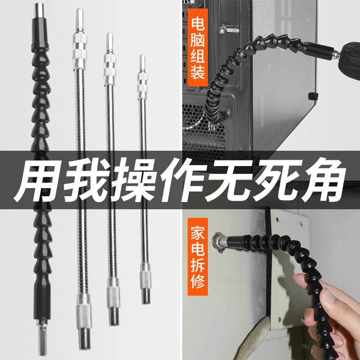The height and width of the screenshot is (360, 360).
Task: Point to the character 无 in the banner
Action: point(228,181)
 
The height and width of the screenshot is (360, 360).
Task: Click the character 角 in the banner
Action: point(320,181)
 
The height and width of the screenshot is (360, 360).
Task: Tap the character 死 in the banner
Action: point(274,181)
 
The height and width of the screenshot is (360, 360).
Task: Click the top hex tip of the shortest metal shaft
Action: point(142,63)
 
